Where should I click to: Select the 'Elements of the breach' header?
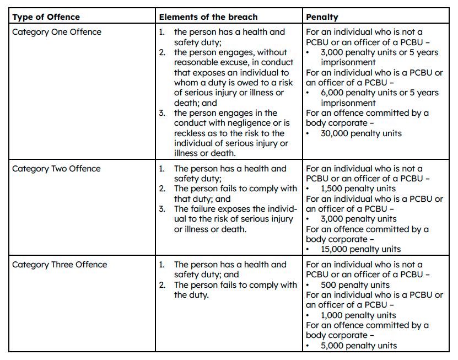click(201, 17)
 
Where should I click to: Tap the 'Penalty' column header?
click(322, 17)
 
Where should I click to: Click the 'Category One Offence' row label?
click(57, 32)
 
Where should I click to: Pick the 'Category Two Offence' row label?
click(56, 169)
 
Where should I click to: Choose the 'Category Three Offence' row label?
click(60, 265)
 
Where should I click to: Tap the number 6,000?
click(333, 93)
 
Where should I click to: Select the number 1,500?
click(332, 189)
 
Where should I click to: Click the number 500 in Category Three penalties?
click(329, 285)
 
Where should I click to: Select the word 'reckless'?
click(191, 133)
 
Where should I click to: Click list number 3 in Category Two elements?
click(161, 209)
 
